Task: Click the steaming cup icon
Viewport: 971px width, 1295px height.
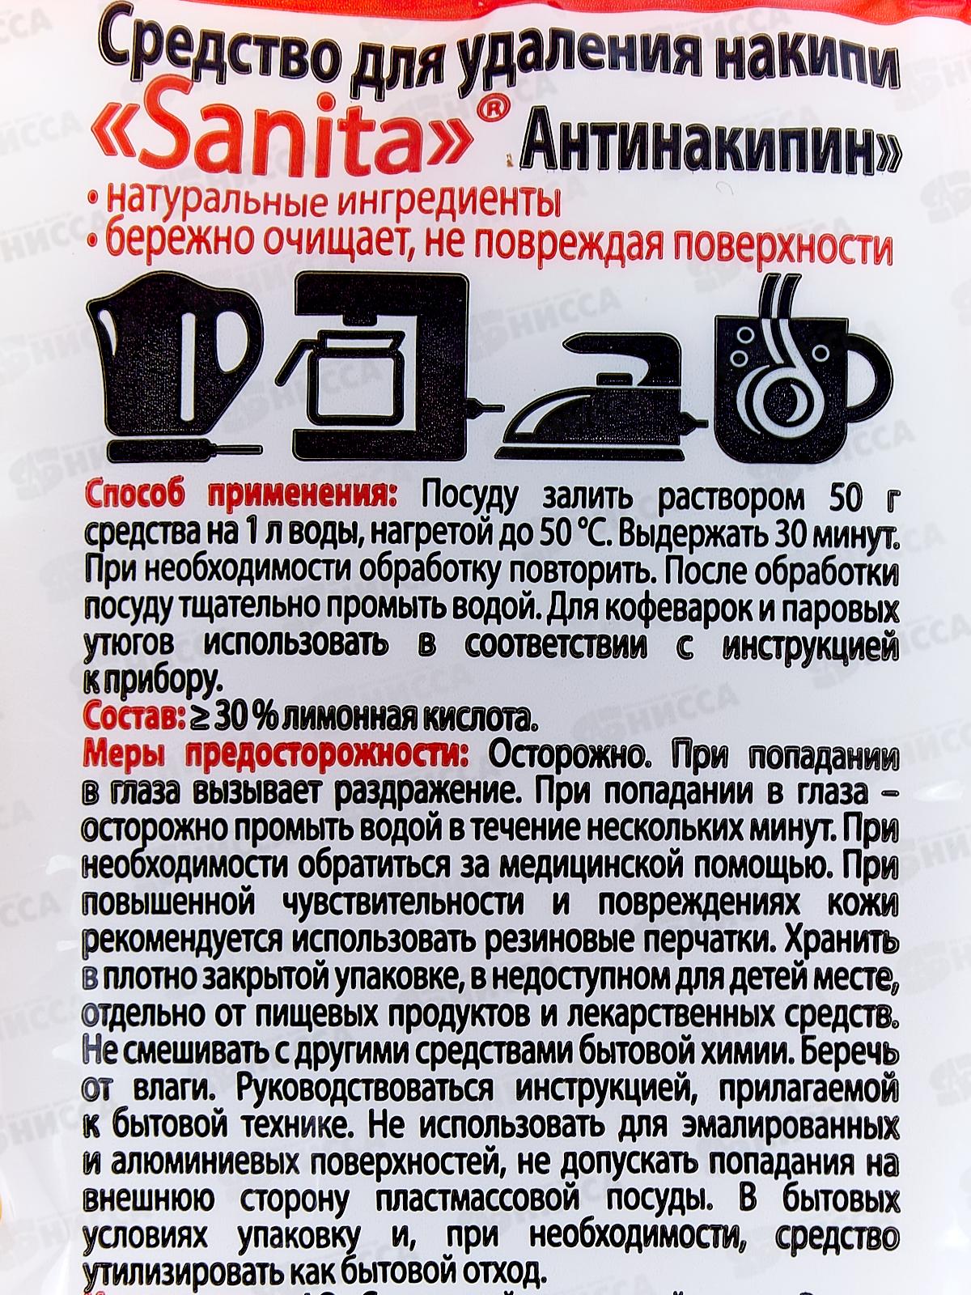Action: click(803, 367)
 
